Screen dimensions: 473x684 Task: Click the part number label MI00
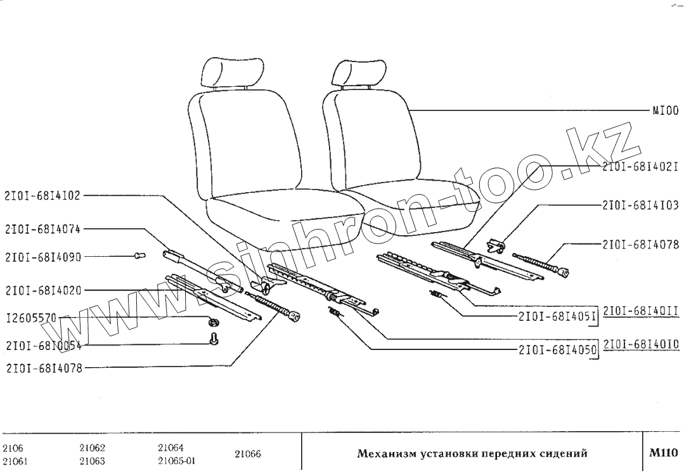(x=666, y=110)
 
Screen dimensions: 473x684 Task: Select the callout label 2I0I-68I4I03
(x=640, y=206)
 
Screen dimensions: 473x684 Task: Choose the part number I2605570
(x=31, y=316)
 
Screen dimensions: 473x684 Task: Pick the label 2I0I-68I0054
(x=42, y=346)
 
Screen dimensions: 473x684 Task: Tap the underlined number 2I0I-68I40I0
(x=641, y=344)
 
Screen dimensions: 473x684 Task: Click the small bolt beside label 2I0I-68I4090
(x=140, y=255)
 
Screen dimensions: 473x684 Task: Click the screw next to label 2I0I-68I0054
(x=214, y=340)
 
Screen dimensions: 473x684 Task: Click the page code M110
(x=663, y=453)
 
